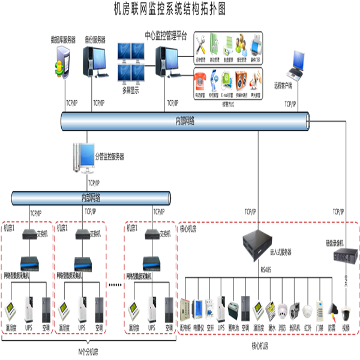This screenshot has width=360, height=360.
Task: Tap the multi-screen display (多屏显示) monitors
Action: (x=131, y=62)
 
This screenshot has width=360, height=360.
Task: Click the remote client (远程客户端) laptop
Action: (x=298, y=63)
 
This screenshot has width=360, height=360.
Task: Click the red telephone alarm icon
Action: (x=201, y=79)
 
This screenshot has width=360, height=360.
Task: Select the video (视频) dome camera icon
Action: (x=345, y=313)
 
